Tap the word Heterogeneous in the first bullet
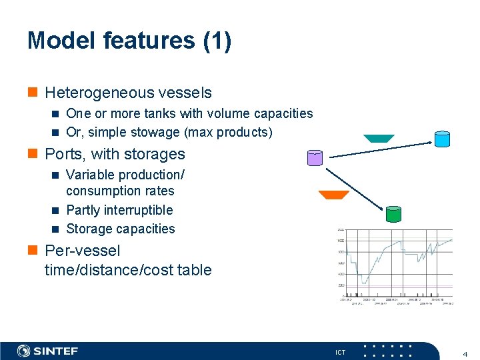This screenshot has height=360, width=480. (97, 93)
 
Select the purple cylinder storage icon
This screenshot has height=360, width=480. (314, 158)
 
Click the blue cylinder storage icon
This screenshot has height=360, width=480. (442, 139)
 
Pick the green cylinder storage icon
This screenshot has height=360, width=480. (393, 213)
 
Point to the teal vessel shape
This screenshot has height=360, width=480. (379, 139)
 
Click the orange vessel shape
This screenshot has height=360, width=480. (333, 195)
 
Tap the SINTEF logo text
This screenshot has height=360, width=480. (56, 351)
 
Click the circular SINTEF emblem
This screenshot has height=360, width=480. (24, 351)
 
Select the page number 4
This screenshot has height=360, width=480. (464, 352)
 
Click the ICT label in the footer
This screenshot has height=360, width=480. (340, 352)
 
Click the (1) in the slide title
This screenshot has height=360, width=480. (218, 41)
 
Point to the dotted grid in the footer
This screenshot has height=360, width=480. (391, 351)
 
